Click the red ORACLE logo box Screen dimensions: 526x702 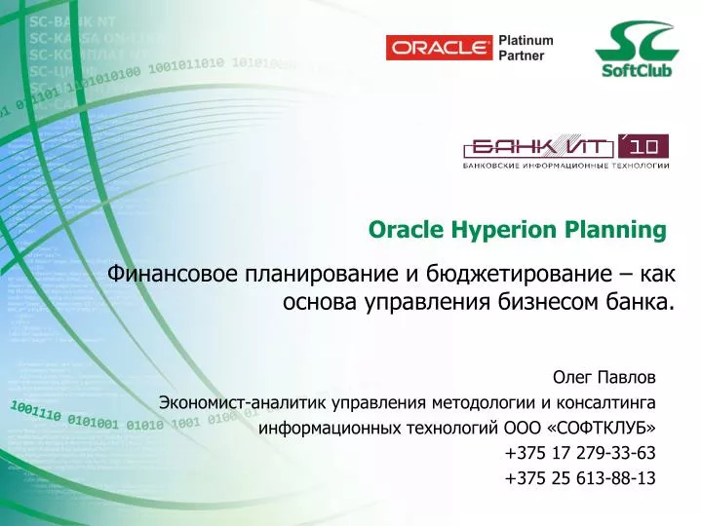439,48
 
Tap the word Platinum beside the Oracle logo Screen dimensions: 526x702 526,40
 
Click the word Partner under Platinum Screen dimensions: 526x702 522,56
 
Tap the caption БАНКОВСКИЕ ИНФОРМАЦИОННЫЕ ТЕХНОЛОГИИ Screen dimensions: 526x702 565,167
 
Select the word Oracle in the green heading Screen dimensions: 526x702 405,230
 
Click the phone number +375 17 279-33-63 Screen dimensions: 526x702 581,453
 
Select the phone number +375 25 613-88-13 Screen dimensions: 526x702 581,478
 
